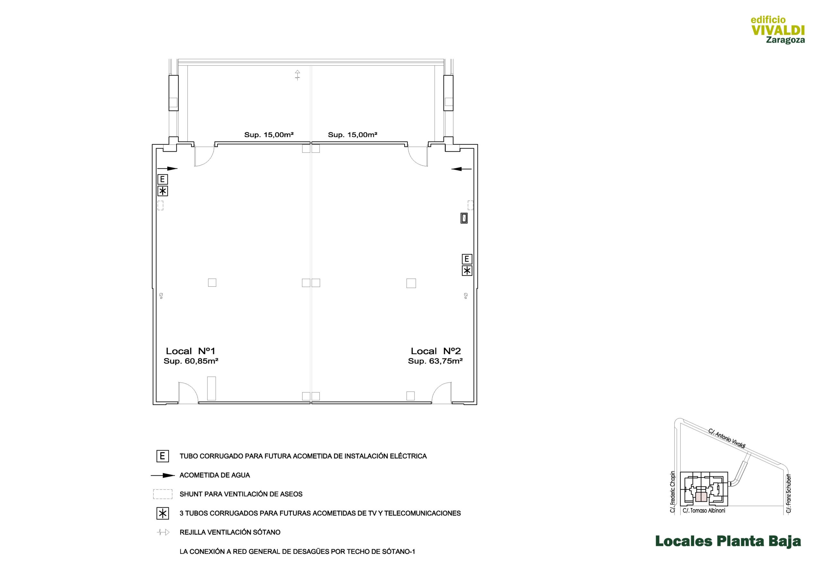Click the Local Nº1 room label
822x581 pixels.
(x=190, y=351)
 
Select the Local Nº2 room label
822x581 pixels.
(x=436, y=351)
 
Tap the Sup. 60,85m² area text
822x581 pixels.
(x=191, y=361)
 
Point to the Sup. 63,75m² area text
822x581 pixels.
(x=435, y=361)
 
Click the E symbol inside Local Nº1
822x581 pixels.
(x=162, y=179)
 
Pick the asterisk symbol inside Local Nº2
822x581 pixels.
(x=467, y=271)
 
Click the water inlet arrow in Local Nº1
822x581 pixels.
(x=167, y=168)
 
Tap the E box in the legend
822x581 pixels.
(x=162, y=456)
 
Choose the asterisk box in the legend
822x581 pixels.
(x=162, y=514)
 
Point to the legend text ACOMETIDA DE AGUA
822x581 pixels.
(x=215, y=475)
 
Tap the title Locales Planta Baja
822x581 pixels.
(x=728, y=541)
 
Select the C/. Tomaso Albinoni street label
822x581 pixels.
(x=704, y=511)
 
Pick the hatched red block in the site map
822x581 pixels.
(x=701, y=498)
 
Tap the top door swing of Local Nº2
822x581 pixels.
(x=417, y=156)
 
